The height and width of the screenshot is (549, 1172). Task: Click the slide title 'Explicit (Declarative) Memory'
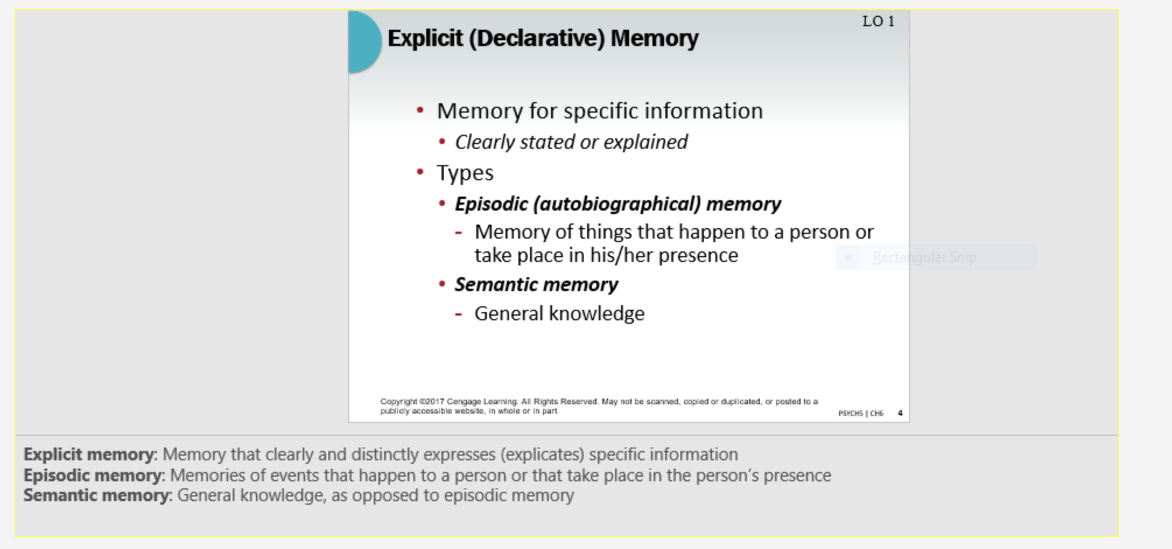tap(542, 39)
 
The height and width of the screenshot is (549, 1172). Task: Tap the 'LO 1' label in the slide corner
tap(878, 22)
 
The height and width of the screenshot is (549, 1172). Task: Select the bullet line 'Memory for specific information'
tap(599, 111)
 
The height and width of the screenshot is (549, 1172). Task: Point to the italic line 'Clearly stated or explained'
tap(571, 142)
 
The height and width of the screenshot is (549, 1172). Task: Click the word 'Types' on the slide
tap(465, 173)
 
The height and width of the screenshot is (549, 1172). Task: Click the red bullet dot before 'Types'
tap(420, 172)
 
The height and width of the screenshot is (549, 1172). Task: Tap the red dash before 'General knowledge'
tap(459, 314)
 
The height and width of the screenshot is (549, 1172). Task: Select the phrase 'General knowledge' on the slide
tap(559, 314)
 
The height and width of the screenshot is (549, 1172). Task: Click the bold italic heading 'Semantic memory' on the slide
tap(536, 285)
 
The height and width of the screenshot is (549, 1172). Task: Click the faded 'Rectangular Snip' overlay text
tap(924, 257)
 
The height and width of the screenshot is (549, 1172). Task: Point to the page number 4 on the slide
tap(900, 413)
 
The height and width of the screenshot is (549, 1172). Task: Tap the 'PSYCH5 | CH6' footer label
tap(861, 414)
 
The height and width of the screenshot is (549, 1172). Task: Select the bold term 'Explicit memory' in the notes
tap(89, 454)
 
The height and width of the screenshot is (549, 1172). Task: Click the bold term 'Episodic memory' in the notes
tap(92, 475)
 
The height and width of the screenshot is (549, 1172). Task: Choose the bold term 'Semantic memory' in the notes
tap(96, 495)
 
